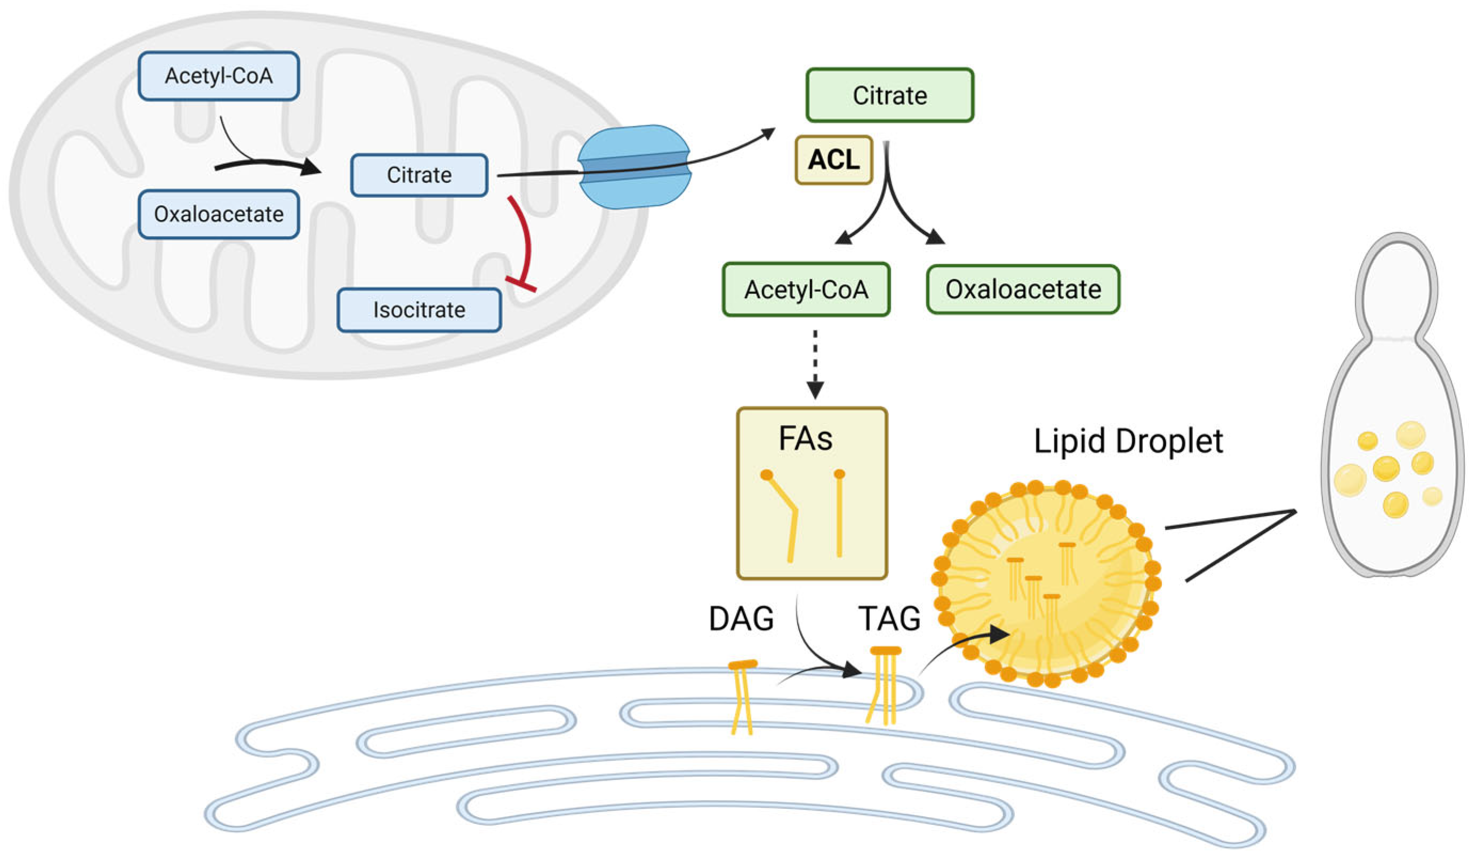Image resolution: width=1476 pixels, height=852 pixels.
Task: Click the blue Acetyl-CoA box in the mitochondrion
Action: (218, 76)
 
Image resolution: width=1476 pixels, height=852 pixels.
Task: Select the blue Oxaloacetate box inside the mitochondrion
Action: (218, 214)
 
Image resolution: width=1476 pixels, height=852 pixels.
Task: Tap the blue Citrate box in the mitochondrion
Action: (419, 175)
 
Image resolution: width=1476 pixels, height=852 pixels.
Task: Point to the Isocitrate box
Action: (419, 310)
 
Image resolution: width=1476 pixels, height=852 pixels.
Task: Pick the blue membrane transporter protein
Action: (635, 167)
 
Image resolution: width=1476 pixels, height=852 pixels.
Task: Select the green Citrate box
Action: (889, 95)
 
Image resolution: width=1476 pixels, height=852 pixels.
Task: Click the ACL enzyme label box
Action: (833, 160)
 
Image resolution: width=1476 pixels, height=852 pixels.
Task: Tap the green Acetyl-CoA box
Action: (806, 290)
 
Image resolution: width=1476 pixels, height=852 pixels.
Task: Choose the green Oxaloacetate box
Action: (1023, 290)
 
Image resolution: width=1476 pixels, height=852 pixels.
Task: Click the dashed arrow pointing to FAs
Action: (815, 363)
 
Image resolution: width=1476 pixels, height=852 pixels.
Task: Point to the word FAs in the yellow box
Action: (805, 439)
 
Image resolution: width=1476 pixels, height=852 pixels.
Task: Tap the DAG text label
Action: (741, 619)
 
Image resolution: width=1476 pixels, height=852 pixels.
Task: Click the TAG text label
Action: (889, 619)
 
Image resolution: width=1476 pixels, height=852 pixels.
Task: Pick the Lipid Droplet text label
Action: (1128, 441)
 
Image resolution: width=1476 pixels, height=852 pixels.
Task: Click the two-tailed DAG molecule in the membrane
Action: (742, 696)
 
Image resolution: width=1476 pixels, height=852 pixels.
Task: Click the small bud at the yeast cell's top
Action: (1398, 287)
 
